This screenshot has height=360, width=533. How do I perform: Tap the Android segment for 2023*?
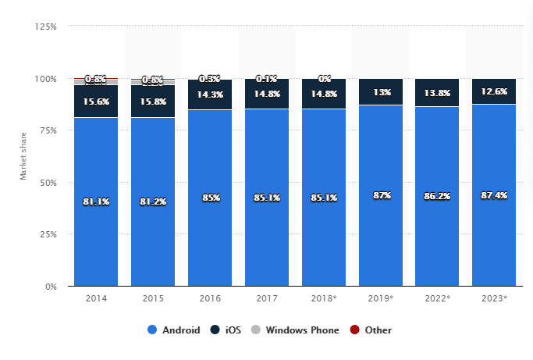(x=494, y=234)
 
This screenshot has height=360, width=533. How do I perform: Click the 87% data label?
(x=381, y=195)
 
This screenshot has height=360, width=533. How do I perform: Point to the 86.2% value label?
(x=437, y=197)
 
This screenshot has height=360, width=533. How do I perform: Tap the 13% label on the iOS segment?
(x=381, y=91)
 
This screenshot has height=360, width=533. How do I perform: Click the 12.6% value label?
(x=494, y=91)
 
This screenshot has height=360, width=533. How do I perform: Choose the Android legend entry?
(x=174, y=330)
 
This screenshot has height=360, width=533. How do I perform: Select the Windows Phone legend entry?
(x=296, y=330)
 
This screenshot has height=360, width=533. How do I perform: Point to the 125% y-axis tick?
(x=46, y=27)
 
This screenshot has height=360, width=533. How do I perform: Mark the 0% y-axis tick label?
(x=51, y=286)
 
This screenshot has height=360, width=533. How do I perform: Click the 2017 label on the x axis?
(x=267, y=299)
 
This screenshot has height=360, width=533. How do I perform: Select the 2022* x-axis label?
(x=437, y=299)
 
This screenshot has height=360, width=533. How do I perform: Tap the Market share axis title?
(x=23, y=156)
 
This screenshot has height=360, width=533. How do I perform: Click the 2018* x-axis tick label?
(x=324, y=299)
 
